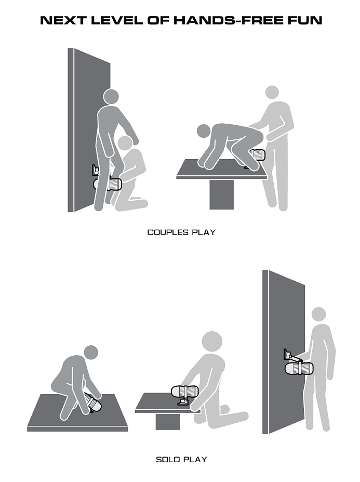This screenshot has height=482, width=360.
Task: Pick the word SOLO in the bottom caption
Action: pyautogui.click(x=168, y=460)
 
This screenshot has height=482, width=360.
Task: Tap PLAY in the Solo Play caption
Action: pyautogui.click(x=195, y=460)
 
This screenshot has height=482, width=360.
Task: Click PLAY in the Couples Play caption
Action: pyautogui.click(x=204, y=232)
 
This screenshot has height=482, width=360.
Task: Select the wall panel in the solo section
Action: pyautogui.click(x=283, y=352)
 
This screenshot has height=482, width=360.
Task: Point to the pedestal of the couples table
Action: pyautogui.click(x=221, y=194)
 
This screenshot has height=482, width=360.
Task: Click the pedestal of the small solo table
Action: pyautogui.click(x=168, y=422)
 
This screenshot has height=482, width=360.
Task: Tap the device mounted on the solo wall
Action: pyautogui.click(x=299, y=369)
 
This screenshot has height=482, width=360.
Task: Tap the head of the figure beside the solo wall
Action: pyautogui.click(x=318, y=314)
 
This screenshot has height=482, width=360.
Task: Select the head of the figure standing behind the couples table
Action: pyautogui.click(x=272, y=92)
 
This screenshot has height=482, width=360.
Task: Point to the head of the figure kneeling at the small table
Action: pyautogui.click(x=212, y=342)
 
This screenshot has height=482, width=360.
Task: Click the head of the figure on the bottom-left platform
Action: pyautogui.click(x=91, y=353)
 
